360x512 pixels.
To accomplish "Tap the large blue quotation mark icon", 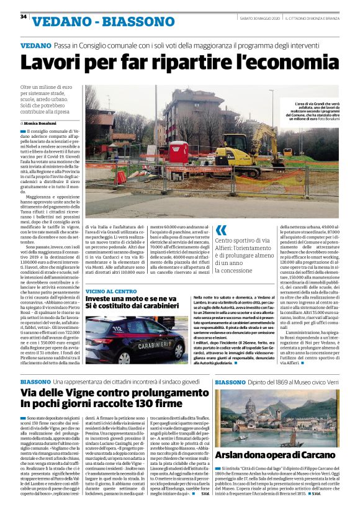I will (221, 231).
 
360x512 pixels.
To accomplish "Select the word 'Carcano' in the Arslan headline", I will (320, 456).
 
